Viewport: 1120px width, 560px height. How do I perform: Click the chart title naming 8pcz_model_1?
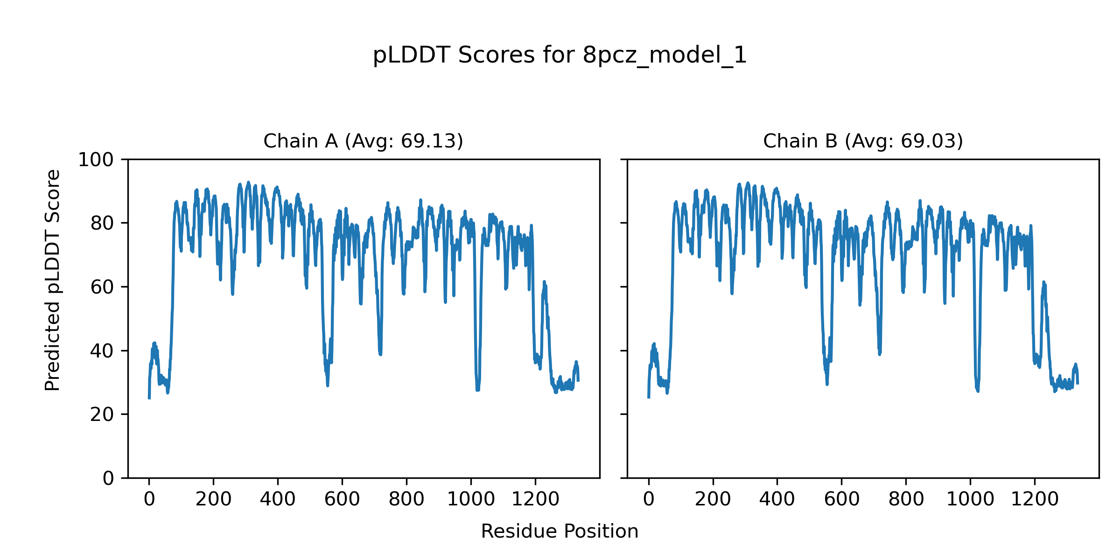(560, 56)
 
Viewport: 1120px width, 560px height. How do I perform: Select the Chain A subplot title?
(363, 141)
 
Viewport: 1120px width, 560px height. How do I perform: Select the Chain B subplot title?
(863, 141)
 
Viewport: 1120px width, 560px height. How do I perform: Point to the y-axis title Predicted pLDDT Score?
(52, 280)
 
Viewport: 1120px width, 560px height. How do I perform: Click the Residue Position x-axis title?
(560, 532)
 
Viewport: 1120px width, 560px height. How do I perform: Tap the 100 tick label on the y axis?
(96, 160)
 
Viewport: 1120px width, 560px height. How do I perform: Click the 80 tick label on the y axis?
(102, 224)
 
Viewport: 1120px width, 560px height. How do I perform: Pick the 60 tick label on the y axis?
(102, 287)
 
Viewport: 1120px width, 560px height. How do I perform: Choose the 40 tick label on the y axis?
(102, 351)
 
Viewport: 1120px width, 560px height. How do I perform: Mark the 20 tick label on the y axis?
(102, 414)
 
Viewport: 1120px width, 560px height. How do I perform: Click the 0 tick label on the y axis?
(108, 478)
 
